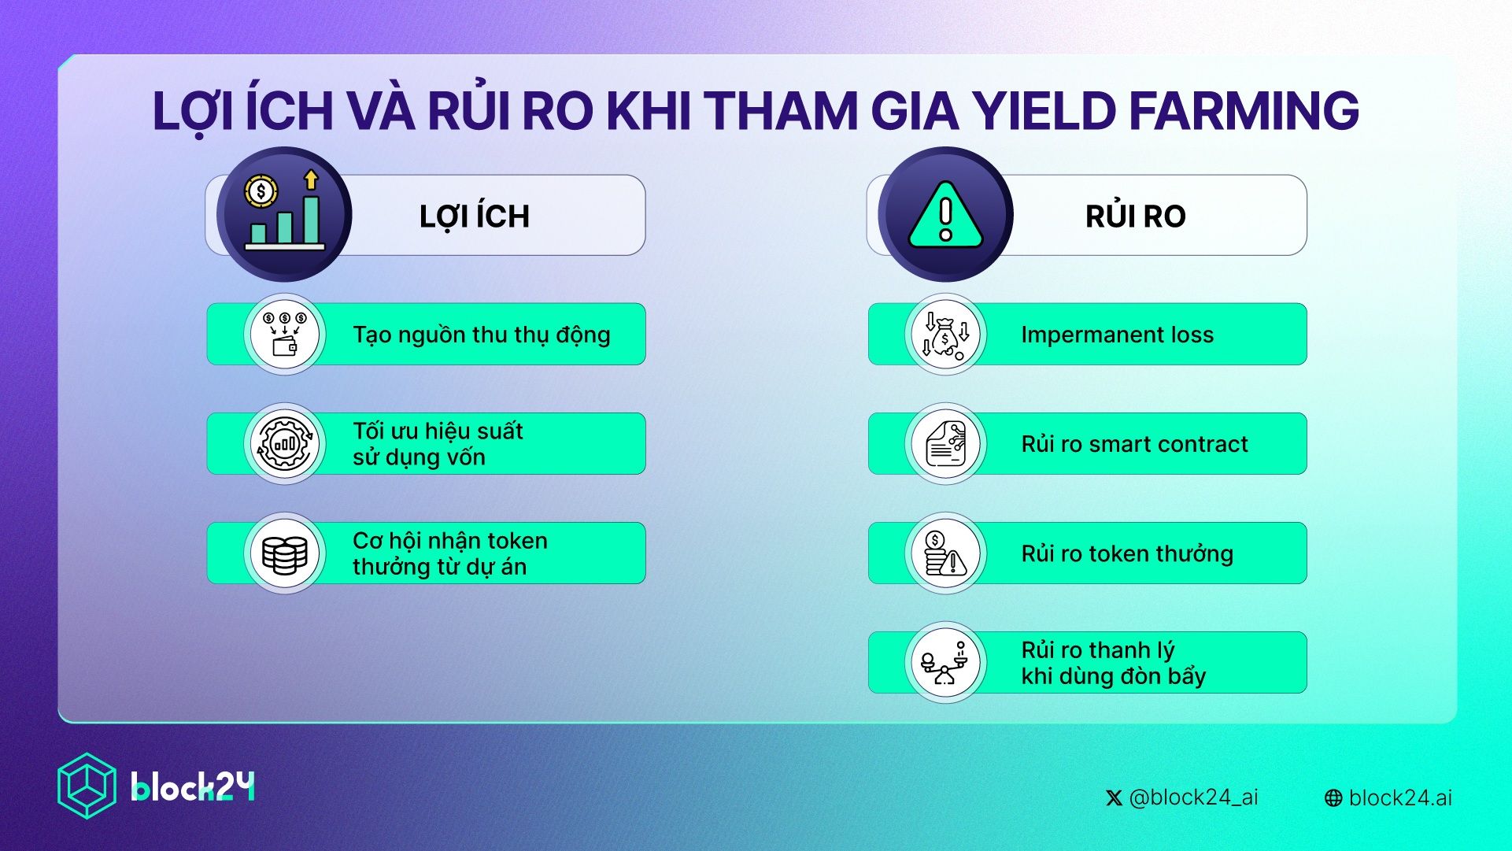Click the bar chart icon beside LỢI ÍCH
[x=284, y=214]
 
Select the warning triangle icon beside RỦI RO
[x=945, y=215]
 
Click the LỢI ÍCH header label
[x=474, y=216]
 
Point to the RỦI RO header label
[x=1135, y=216]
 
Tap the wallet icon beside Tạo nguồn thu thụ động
[x=284, y=335]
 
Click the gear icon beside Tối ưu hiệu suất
[x=284, y=443]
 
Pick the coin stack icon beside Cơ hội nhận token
[x=284, y=553]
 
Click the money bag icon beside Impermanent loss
[x=945, y=335]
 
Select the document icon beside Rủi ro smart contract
[x=945, y=443]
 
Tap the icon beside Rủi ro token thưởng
[x=945, y=553]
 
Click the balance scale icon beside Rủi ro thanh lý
[x=945, y=663]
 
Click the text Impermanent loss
[x=1117, y=335]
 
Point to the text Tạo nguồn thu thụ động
[x=481, y=335]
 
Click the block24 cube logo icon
[x=87, y=786]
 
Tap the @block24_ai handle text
[x=1193, y=797]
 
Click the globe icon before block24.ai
[x=1333, y=798]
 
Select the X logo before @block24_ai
[x=1114, y=798]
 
